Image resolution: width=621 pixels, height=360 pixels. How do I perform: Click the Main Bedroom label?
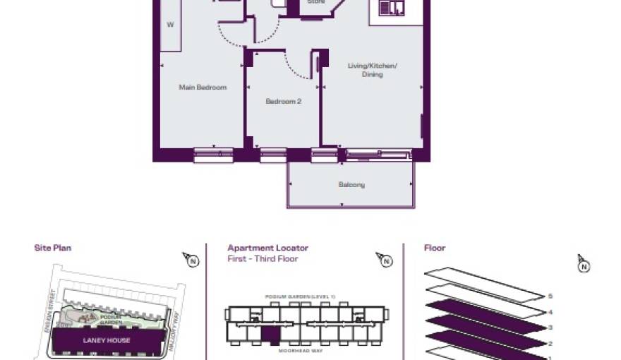pos(203,88)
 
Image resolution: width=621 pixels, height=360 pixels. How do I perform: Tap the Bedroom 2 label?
pos(283,102)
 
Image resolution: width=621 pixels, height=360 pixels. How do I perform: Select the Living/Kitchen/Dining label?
pos(373,70)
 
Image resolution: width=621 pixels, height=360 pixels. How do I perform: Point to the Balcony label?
pos(351,185)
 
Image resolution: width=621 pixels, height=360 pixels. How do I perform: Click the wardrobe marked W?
pos(170,25)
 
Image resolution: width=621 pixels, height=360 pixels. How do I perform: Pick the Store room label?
pos(315,2)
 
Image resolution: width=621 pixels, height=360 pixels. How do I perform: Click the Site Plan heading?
pos(53,248)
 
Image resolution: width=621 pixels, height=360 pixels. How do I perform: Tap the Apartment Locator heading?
pos(267,248)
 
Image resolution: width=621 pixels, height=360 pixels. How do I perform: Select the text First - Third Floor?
pos(263,259)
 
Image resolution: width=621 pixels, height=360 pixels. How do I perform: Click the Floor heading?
pos(435,248)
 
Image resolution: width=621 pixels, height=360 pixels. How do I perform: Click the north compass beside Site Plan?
pos(190,260)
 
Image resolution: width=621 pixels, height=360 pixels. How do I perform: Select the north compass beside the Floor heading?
pos(583,265)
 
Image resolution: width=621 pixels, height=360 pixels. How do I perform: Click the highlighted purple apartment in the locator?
pos(271,336)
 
